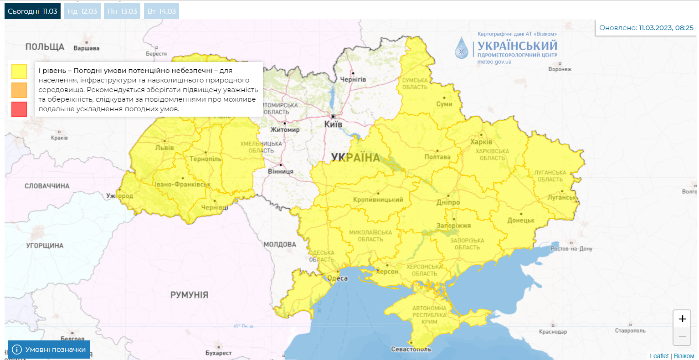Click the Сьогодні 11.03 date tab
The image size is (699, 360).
(x=32, y=11)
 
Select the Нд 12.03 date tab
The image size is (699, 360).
(x=82, y=11)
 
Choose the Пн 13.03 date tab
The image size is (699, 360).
(x=122, y=11)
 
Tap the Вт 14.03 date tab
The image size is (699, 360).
(x=161, y=11)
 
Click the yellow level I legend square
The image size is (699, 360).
(x=19, y=72)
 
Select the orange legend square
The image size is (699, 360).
(x=19, y=90)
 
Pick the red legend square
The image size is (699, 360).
(x=19, y=109)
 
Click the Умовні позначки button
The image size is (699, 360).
(x=49, y=350)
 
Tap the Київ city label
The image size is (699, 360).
(x=333, y=124)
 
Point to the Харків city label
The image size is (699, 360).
(x=481, y=142)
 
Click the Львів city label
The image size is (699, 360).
(x=164, y=148)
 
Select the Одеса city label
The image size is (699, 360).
(x=338, y=278)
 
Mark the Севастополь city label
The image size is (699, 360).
(x=411, y=349)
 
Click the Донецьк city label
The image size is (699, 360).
(x=521, y=221)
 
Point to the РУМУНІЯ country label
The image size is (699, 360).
(x=189, y=295)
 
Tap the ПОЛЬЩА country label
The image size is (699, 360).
(x=45, y=47)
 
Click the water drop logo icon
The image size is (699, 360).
(x=462, y=48)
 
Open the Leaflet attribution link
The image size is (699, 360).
(x=659, y=356)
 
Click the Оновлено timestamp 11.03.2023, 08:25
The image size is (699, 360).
(x=666, y=28)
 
